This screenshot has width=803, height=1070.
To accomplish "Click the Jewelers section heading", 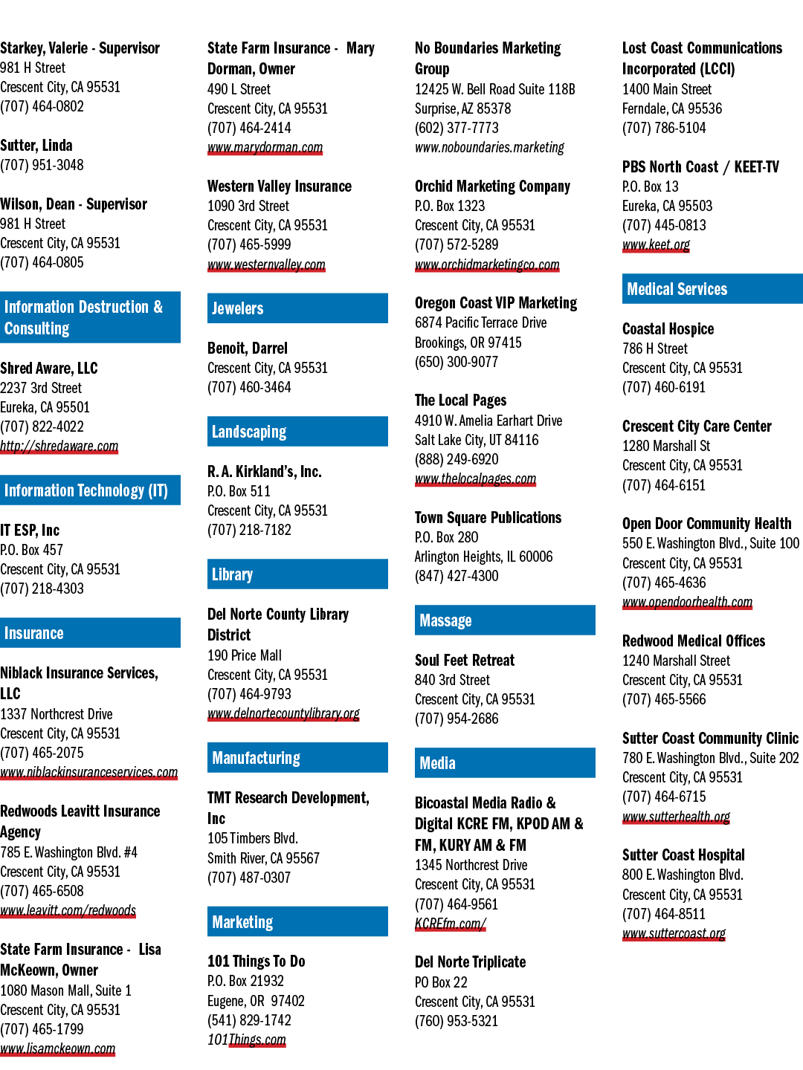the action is [297, 308].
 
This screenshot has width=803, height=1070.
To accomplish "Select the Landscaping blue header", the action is [297, 432].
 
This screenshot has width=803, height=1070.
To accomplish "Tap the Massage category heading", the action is [505, 620].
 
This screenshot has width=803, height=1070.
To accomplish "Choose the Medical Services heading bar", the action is [712, 288].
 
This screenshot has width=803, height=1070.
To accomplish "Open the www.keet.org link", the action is [656, 244].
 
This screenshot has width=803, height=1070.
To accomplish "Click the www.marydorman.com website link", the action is [265, 147].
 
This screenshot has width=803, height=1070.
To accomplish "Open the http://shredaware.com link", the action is [59, 446].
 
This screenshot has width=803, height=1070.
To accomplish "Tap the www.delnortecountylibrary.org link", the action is [283, 713].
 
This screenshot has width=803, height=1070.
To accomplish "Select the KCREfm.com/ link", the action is [451, 924].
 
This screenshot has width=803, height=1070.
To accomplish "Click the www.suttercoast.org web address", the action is [674, 933].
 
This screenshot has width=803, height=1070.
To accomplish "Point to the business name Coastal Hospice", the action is [668, 329].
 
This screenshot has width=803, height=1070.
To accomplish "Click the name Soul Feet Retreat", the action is [465, 660].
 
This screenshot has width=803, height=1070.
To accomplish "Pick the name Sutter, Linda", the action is [36, 145].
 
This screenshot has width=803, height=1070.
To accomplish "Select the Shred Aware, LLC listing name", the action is [49, 368].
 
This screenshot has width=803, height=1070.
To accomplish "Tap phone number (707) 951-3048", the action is [42, 165].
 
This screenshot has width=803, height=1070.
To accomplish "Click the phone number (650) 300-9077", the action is [457, 362].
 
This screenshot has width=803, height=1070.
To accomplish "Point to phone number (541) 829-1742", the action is [249, 1020].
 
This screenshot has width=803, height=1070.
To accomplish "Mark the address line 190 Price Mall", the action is [245, 655].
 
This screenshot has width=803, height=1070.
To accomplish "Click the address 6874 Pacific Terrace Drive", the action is [481, 322].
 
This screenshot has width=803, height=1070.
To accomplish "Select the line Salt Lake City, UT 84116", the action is [477, 440].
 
